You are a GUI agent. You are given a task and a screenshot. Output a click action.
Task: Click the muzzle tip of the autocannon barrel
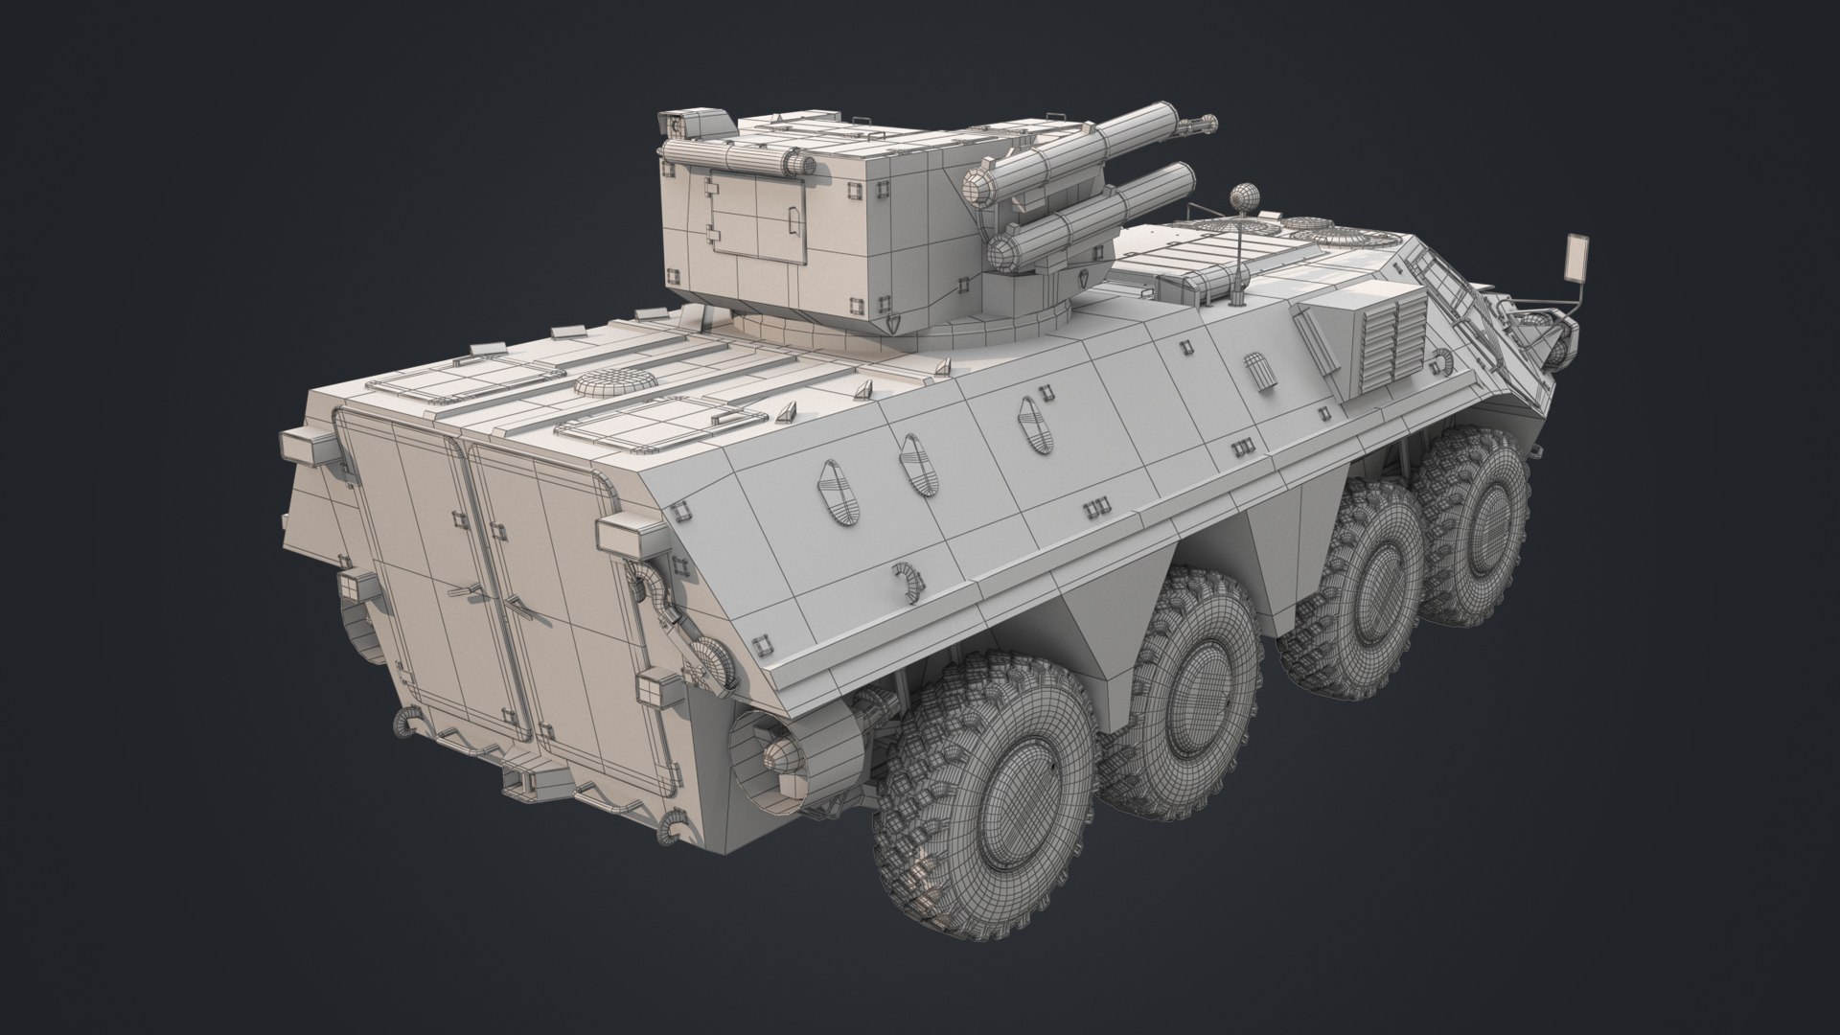1210,123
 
